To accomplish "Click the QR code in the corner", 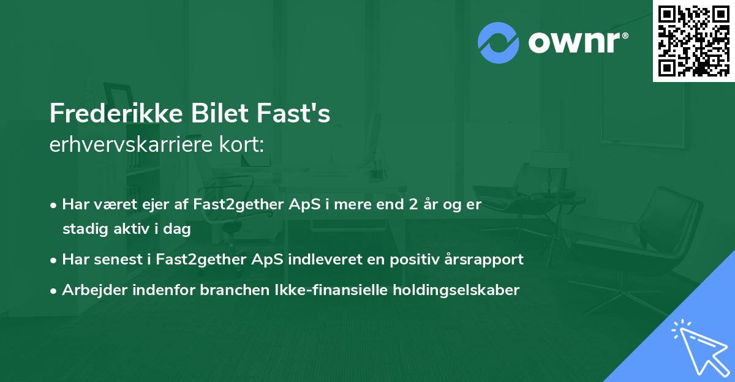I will tap(694, 41).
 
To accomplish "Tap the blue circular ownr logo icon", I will tap(498, 42).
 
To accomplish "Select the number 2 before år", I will tap(413, 204).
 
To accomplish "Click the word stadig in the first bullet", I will tap(82, 229).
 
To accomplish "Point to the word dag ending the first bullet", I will tap(178, 229).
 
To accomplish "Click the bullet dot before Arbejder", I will tap(55, 290).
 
